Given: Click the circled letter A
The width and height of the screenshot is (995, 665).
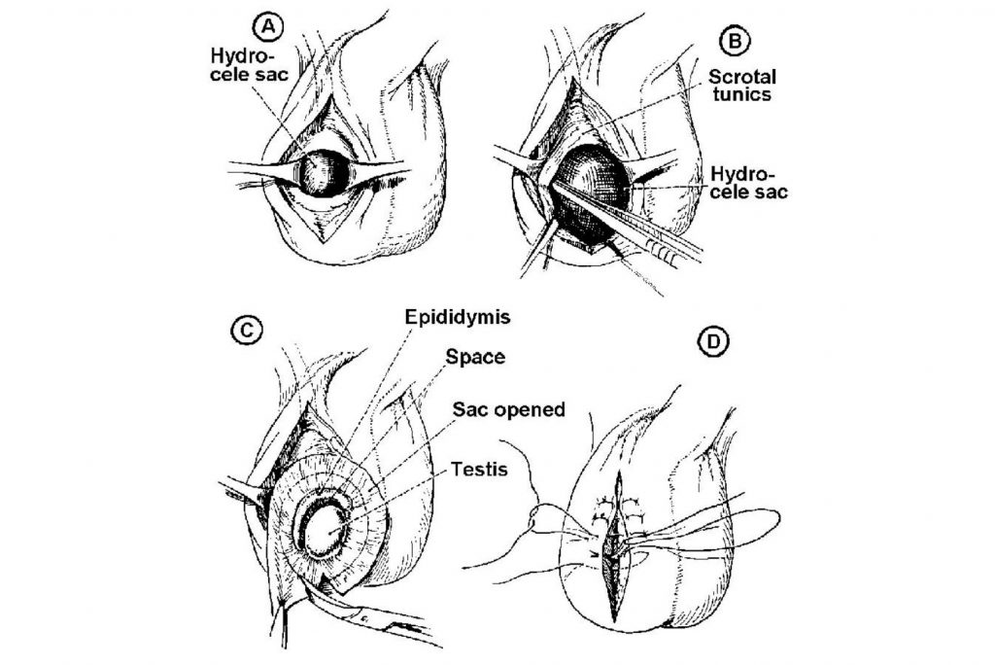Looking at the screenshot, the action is click(x=269, y=26).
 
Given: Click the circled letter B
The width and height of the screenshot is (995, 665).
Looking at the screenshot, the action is click(x=735, y=41).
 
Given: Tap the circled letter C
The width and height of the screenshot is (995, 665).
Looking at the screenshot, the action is click(x=247, y=330).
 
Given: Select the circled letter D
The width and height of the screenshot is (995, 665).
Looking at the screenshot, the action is click(x=713, y=341).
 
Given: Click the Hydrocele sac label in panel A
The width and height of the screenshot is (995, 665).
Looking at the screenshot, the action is click(x=250, y=64).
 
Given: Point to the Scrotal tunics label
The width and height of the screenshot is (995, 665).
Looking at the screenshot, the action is click(x=741, y=86).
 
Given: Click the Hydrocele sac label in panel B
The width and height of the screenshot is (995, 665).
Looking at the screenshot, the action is click(x=749, y=183).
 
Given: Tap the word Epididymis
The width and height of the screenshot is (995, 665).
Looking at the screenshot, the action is click(x=458, y=317).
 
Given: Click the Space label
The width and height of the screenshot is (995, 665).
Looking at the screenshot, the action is click(x=475, y=357).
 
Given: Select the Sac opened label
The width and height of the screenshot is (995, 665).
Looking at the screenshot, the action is click(x=509, y=409).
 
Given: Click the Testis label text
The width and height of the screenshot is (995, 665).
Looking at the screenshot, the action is click(x=480, y=470).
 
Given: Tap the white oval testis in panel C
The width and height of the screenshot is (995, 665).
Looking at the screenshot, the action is click(x=326, y=532).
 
